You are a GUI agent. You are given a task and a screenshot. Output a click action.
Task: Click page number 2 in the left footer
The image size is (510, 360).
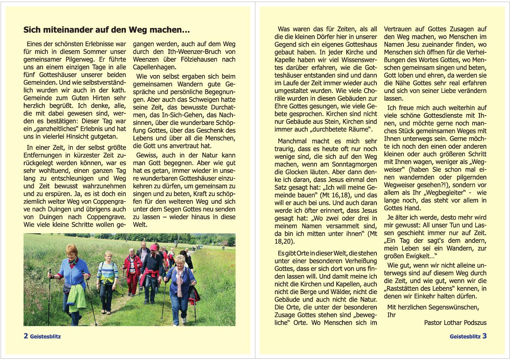click(x=26, y=336)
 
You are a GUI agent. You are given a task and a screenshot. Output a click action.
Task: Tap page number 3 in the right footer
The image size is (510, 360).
click(x=484, y=336)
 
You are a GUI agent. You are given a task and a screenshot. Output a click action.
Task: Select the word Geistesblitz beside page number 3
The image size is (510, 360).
click(x=465, y=336)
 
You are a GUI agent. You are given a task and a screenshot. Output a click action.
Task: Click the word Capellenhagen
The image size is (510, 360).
click(x=154, y=67)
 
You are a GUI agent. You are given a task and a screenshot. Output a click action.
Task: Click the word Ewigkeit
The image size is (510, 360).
click(x=418, y=256)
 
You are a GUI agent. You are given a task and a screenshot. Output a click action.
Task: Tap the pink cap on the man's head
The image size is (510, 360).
click(x=154, y=247)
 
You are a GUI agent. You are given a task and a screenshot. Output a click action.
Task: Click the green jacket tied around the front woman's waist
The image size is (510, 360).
click(x=76, y=297)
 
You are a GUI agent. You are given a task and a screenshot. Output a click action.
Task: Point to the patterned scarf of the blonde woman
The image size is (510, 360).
click(x=180, y=280)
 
